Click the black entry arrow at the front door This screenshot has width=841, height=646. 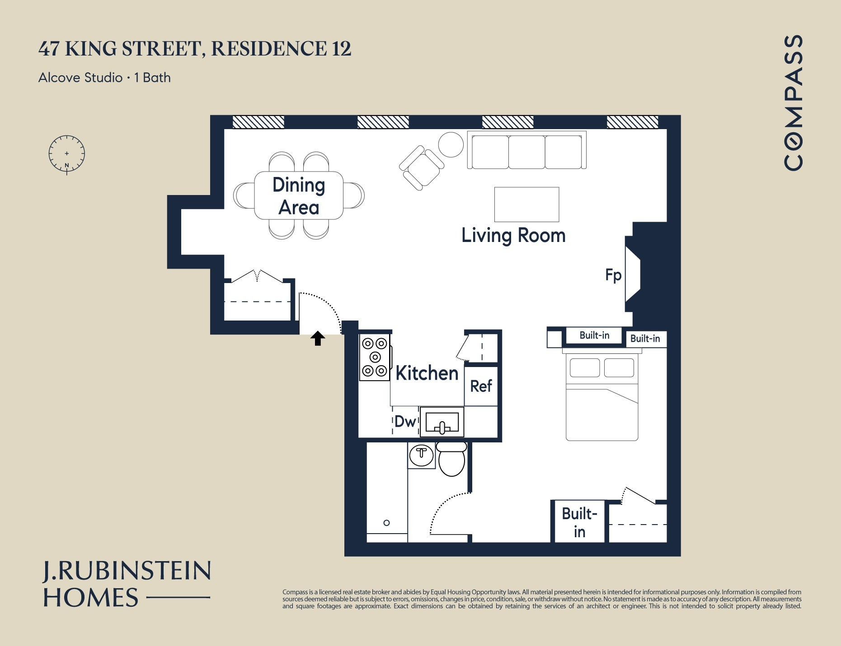click(x=318, y=338)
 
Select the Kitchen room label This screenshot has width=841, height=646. click(x=427, y=373)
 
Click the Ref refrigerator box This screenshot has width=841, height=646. click(x=481, y=386)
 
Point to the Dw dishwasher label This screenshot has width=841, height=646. click(x=405, y=422)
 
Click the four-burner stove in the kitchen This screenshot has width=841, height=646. click(x=375, y=357)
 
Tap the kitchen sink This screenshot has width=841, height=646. click(x=442, y=422)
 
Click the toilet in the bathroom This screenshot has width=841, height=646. click(x=451, y=459)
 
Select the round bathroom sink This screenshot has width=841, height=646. click(x=421, y=455)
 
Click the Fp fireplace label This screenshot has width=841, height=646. click(x=613, y=275)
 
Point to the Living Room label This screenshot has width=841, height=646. click(x=513, y=236)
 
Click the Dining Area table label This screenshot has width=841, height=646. click(x=299, y=196)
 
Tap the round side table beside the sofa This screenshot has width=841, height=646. click(x=451, y=144)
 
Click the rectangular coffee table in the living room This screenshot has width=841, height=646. click(x=527, y=204)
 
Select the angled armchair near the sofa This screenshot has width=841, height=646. click(x=422, y=167)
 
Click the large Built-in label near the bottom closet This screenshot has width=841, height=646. click(x=579, y=522)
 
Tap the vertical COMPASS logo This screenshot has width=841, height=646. click(x=794, y=103)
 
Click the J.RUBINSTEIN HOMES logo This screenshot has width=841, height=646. click(x=127, y=584)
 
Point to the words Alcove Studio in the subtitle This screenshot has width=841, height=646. click(x=80, y=78)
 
